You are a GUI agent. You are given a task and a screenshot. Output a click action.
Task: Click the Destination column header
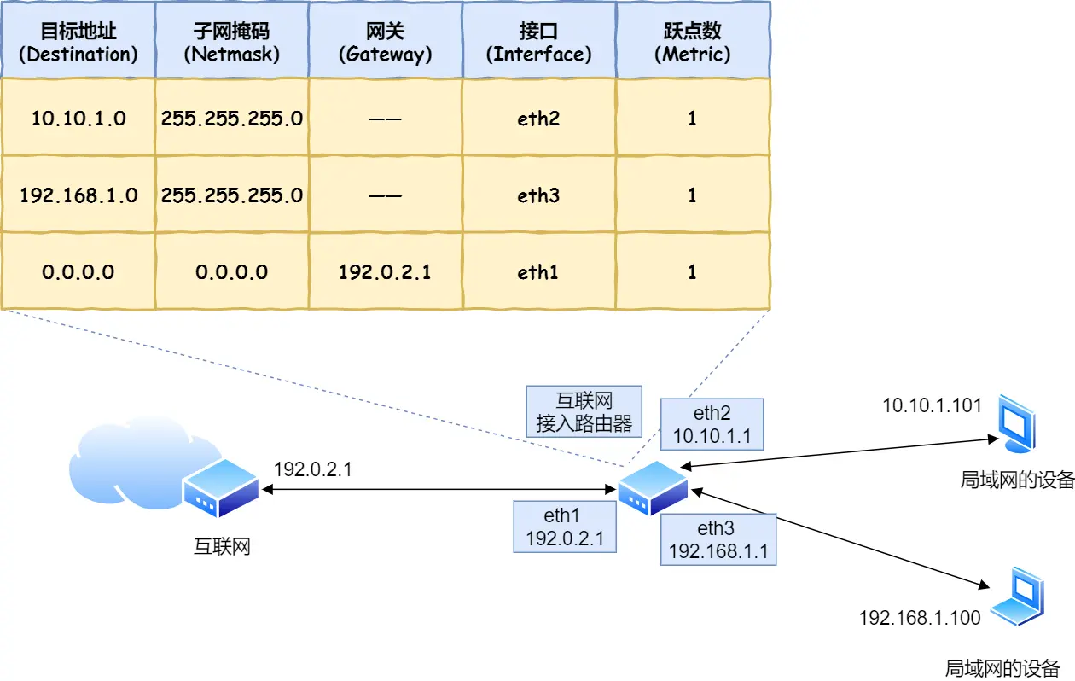pos(78,43)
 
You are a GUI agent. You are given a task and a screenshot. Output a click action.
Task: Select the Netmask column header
pos(231,43)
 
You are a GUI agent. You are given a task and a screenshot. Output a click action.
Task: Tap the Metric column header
pos(692,43)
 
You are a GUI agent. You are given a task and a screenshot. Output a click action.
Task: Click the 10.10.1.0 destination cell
pos(78,119)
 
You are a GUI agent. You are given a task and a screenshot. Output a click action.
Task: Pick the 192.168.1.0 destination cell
pos(78,195)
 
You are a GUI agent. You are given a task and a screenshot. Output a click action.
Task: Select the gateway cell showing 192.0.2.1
pos(385,272)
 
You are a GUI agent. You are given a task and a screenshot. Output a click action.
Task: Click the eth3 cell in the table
pos(538,195)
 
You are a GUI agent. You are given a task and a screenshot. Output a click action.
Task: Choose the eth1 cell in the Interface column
pos(538,272)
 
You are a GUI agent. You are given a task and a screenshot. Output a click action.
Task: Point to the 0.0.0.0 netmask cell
pos(231,272)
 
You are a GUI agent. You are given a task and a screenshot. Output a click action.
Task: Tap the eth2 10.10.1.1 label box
pos(712,425)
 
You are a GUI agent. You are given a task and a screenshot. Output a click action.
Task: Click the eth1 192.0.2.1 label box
pos(564,527)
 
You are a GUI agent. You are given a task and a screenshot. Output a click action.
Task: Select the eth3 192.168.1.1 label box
pos(718,539)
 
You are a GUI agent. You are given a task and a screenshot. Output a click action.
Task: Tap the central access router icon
pos(652,488)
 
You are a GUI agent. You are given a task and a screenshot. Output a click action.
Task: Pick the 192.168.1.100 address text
pos(920,617)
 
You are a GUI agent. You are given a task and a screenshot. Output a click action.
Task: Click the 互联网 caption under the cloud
pos(222,546)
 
